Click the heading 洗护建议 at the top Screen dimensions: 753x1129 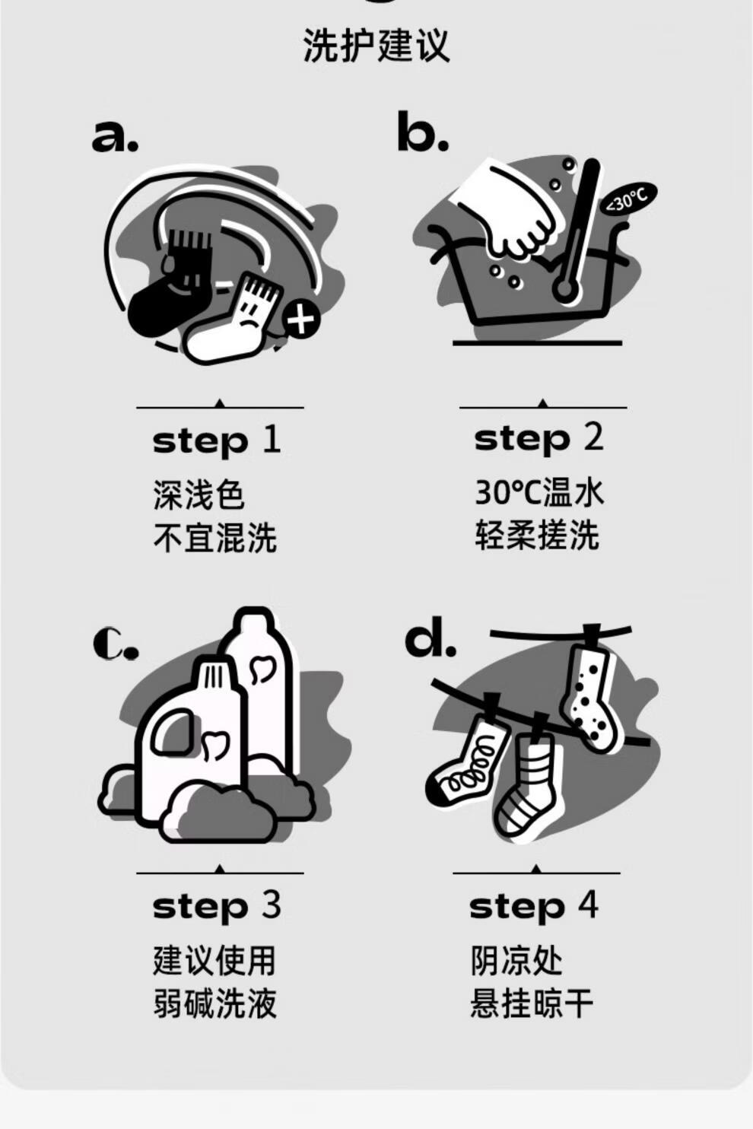[x=376, y=46]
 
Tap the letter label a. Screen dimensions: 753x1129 [x=115, y=135]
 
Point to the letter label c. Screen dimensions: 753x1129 [x=116, y=644]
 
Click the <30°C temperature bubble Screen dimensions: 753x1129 [x=627, y=200]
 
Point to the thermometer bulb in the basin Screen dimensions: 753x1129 [x=564, y=290]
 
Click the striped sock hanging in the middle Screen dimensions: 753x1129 [x=526, y=784]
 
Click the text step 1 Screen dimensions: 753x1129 [x=217, y=440]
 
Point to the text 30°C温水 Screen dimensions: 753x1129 [x=539, y=492]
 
